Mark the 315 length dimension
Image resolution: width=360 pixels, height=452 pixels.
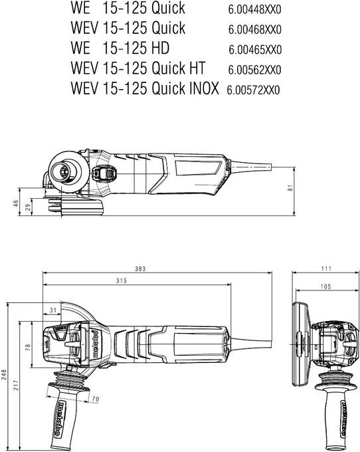pos(121,281)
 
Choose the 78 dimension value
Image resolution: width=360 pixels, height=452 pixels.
pos(27,347)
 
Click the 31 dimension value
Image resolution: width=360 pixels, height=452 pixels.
pos(53,310)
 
